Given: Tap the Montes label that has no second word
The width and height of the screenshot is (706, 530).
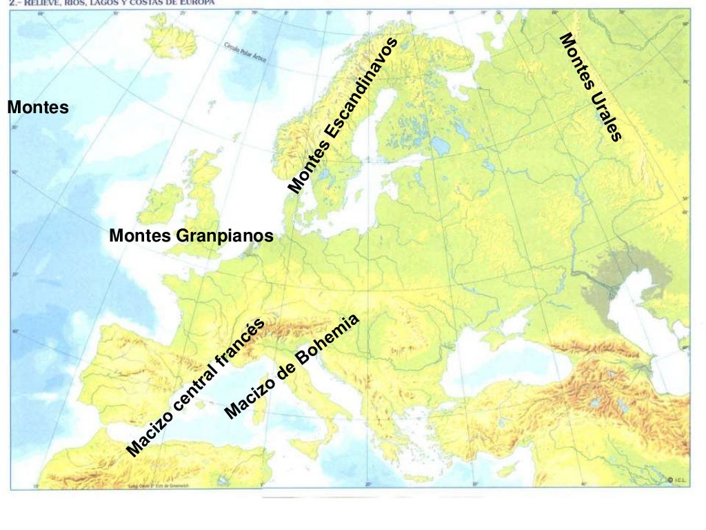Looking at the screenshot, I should tap(38, 107).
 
